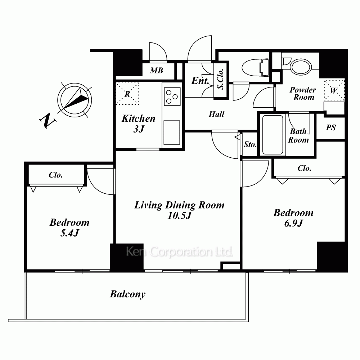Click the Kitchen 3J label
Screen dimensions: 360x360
point(139,123)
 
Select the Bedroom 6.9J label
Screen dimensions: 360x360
point(293,218)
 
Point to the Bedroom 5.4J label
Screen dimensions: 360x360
point(69,228)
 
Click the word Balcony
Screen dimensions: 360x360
point(128,294)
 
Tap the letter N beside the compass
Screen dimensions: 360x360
point(48,121)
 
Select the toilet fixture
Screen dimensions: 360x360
point(255,68)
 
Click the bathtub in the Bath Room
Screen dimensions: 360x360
point(273,135)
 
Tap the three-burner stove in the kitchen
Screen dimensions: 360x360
point(172,96)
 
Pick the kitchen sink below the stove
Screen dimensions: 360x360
point(172,132)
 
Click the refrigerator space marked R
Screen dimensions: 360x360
point(127,94)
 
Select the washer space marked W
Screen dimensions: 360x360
point(334,90)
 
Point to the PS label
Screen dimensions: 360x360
point(331,128)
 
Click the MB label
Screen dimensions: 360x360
point(157,71)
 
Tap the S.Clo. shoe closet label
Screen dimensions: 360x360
point(221,79)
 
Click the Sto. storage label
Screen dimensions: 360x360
point(250,144)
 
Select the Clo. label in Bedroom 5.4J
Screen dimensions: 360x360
point(55,175)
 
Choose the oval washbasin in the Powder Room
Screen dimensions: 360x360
point(301,67)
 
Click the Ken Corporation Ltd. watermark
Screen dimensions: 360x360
point(180,252)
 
